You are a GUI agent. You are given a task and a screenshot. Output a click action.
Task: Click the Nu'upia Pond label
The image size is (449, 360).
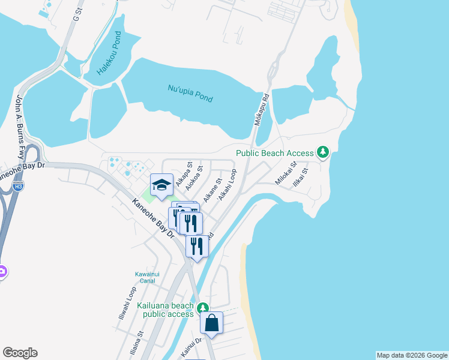point(190,94)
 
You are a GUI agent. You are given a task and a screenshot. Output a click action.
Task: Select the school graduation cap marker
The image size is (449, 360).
point(161,185)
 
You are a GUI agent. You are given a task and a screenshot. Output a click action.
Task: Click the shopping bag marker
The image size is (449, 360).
point(212,323)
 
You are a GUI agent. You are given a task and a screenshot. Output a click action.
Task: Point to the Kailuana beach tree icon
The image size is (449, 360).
point(204,308)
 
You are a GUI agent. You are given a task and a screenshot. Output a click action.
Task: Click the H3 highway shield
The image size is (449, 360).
point(18,187)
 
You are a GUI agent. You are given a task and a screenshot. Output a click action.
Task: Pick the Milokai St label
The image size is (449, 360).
point(286,173)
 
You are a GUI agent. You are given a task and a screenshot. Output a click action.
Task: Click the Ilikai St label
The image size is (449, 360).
point(301,178)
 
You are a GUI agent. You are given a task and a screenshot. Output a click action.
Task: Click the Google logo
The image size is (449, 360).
point(20,353)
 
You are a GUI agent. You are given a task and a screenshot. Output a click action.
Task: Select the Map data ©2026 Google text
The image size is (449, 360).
point(411,355)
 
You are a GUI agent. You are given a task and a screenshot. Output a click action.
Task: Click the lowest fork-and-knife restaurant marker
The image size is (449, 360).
point(197,246)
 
